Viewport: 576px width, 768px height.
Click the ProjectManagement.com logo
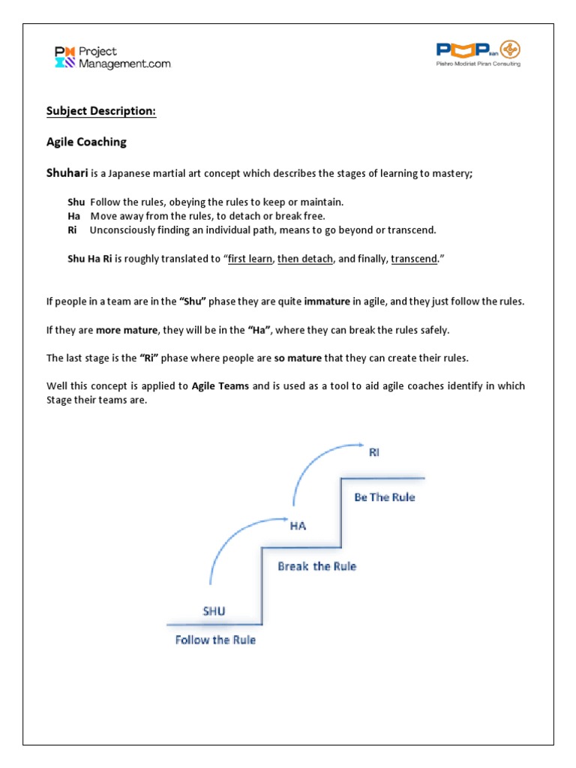[112, 58]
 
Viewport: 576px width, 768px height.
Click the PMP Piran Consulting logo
[478, 54]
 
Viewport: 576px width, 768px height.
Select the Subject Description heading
[101, 111]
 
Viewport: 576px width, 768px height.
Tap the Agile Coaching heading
[86, 142]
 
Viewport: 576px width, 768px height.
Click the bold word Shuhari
[67, 173]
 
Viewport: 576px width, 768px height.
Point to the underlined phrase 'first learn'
[250, 259]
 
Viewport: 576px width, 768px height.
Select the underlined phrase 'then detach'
[305, 259]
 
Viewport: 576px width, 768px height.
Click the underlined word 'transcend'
[413, 259]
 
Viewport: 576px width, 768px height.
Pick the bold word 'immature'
[327, 301]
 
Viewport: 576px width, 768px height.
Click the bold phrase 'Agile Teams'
[220, 386]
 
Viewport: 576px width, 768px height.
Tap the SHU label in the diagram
[214, 610]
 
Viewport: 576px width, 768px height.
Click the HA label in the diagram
[298, 526]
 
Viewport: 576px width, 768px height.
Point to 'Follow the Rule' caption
[215, 640]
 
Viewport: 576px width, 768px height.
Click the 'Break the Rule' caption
[316, 566]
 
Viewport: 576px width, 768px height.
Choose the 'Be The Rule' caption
[384, 496]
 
